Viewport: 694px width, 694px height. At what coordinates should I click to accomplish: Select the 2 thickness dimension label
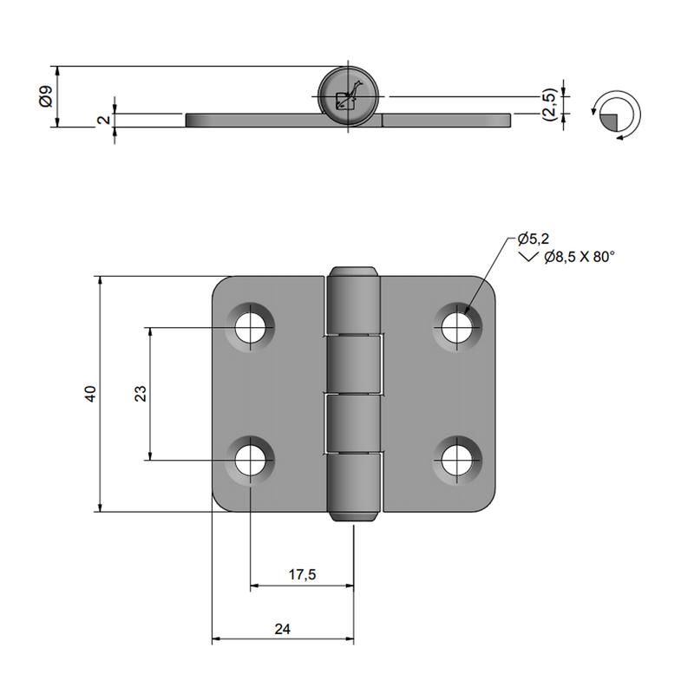103,120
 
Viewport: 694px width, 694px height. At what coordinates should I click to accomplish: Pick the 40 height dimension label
89,394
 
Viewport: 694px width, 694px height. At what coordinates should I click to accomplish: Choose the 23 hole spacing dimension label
139,393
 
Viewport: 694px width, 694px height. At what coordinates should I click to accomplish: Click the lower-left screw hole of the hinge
252,459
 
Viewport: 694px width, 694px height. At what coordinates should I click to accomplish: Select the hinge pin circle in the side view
347,95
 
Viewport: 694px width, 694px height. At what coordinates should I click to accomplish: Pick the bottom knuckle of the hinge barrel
354,486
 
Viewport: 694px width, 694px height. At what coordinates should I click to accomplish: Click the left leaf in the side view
252,120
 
